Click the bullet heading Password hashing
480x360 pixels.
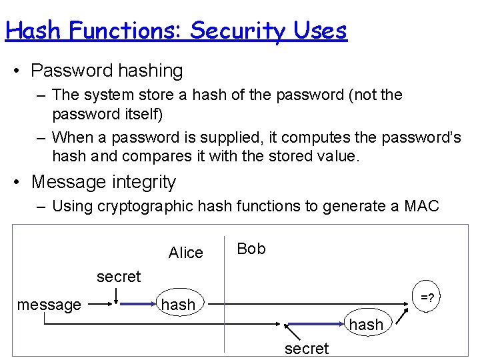tap(107, 71)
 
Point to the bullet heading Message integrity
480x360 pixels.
tap(103, 182)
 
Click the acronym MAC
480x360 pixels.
tap(422, 206)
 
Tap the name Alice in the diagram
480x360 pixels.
tap(185, 253)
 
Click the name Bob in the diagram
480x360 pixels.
tap(251, 249)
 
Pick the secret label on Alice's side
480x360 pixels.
tap(119, 277)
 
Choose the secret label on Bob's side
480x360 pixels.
tap(307, 349)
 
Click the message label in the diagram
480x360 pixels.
tap(49, 305)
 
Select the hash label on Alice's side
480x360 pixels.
tap(179, 305)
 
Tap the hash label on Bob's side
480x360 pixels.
tap(367, 325)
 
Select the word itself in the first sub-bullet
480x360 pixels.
tap(138, 114)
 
